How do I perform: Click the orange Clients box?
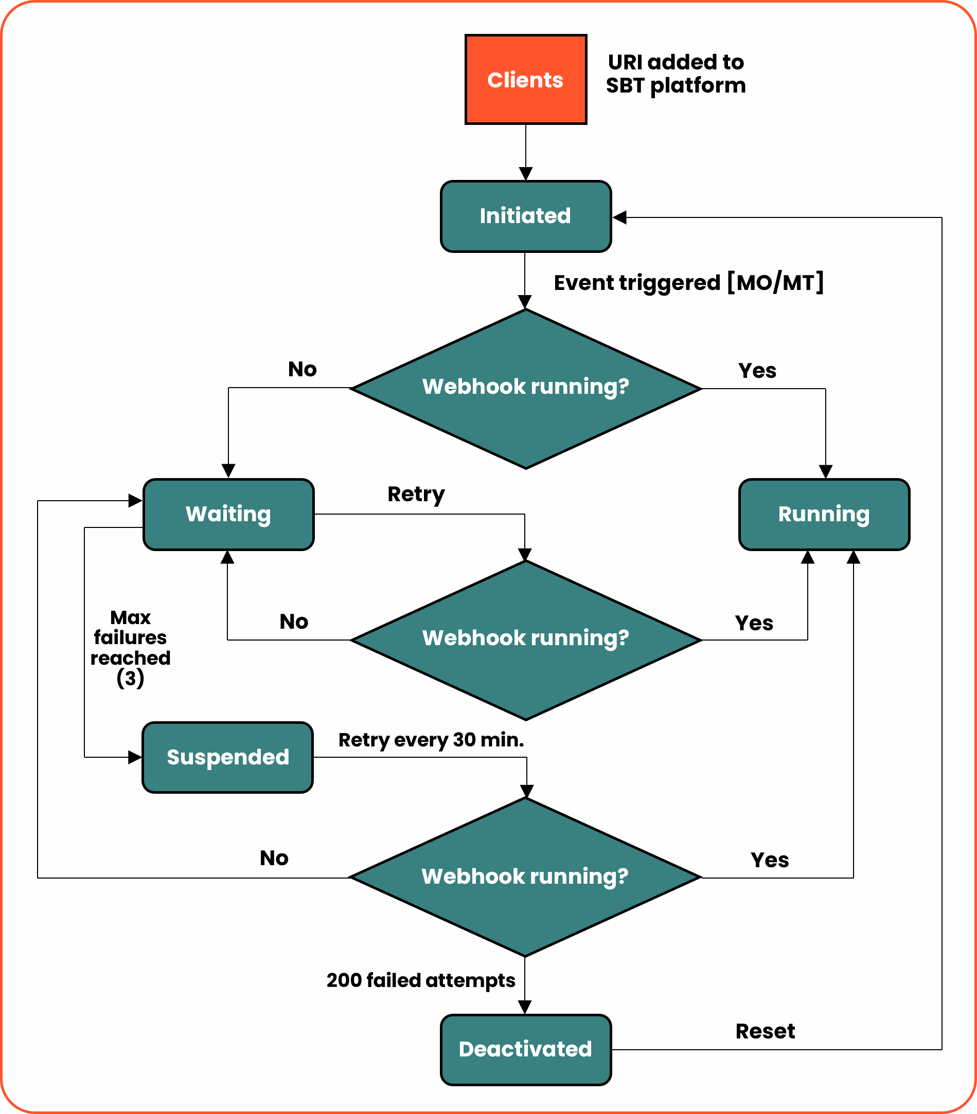tap(526, 80)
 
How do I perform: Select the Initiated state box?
tap(526, 216)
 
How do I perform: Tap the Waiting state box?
tap(228, 514)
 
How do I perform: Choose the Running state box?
tap(824, 514)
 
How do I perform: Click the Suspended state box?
tap(227, 757)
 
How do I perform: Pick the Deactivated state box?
tap(526, 1049)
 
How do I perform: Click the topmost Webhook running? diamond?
tap(526, 388)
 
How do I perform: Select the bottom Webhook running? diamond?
tap(525, 877)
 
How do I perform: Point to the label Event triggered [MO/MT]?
tap(688, 283)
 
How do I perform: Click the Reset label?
tap(765, 1031)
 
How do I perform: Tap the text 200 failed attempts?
tap(420, 980)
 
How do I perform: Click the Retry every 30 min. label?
tap(431, 740)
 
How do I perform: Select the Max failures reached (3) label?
tap(130, 647)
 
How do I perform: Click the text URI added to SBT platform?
tap(676, 74)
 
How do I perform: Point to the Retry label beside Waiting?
tap(416, 494)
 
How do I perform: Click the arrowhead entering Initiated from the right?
tap(619, 217)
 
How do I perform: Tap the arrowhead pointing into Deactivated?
tap(525, 1007)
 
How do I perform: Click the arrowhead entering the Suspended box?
tap(135, 757)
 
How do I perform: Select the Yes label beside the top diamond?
tap(757, 371)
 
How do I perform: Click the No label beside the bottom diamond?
tap(274, 858)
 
